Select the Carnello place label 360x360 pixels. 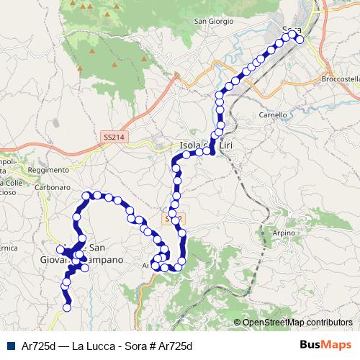click(273, 114)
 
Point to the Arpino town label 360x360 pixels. click(284, 233)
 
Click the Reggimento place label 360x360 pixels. click(46, 170)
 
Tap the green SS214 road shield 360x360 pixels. click(112, 135)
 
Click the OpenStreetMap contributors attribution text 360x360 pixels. click(297, 323)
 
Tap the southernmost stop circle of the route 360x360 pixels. click(67, 307)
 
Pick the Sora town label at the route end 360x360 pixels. click(292, 30)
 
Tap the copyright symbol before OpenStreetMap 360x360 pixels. click(238, 323)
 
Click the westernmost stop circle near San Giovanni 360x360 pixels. click(60, 249)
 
